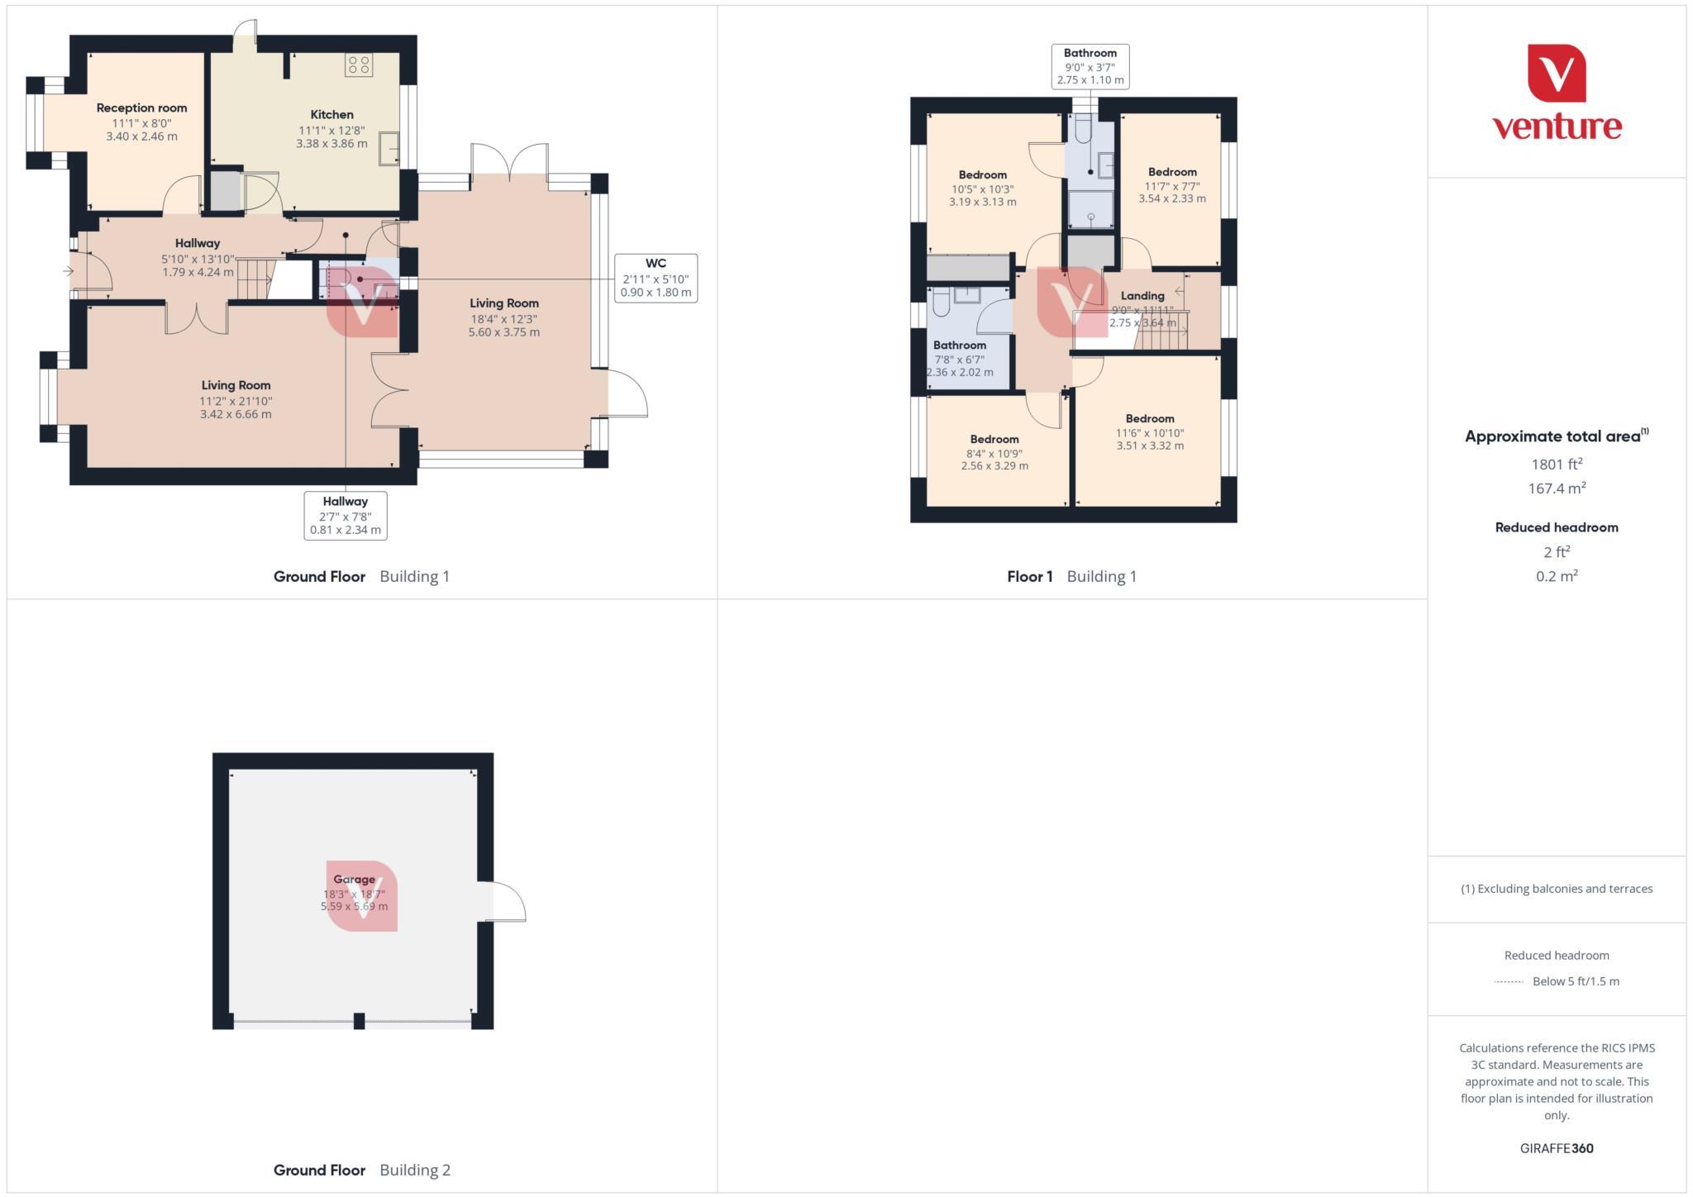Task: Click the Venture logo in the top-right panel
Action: [x=1556, y=93]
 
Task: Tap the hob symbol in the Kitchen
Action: [x=359, y=65]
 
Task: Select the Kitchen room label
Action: [x=331, y=115]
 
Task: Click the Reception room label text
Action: [x=141, y=108]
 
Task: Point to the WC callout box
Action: [x=656, y=278]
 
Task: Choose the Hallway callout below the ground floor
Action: [x=345, y=515]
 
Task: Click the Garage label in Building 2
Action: [x=354, y=880]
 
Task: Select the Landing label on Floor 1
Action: [x=1142, y=296]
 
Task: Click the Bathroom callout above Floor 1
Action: [x=1090, y=66]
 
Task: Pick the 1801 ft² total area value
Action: [x=1557, y=465]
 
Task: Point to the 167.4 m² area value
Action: [x=1557, y=489]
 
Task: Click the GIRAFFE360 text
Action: [x=1556, y=1148]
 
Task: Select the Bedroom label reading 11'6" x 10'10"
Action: [x=1149, y=419]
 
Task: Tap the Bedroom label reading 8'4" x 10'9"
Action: [x=994, y=440]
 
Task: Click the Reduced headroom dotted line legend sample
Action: [x=1509, y=982]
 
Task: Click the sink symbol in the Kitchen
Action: [x=389, y=149]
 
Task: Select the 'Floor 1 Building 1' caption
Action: [x=1071, y=577]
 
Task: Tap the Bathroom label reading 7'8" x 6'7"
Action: [x=959, y=346]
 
